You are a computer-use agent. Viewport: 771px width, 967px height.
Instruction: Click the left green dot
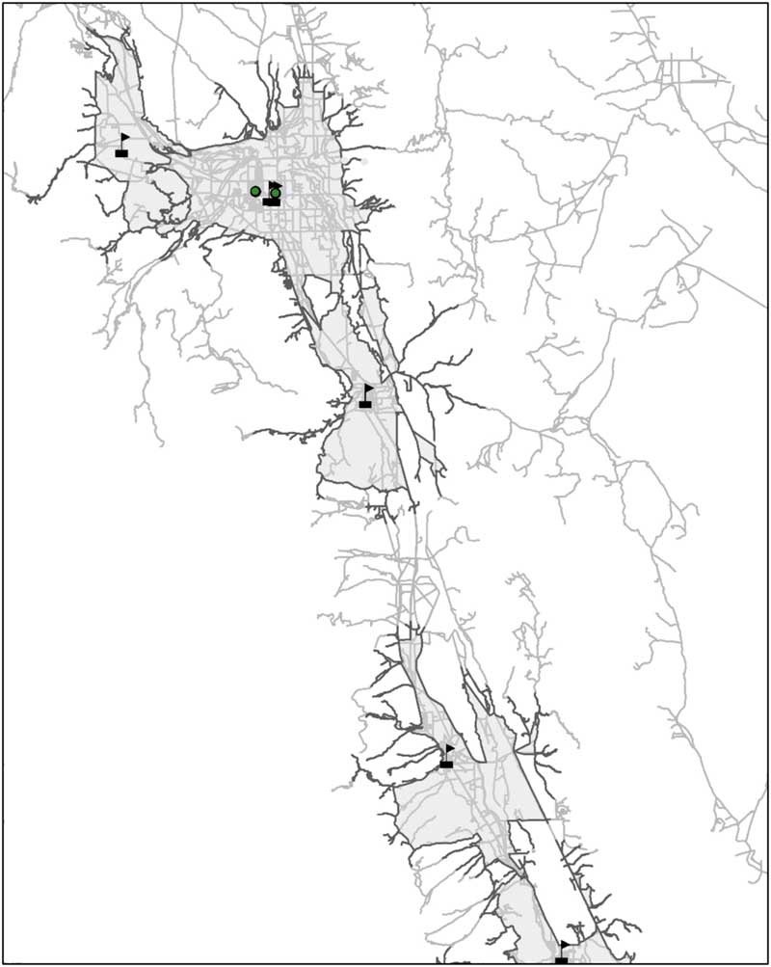pos(255,191)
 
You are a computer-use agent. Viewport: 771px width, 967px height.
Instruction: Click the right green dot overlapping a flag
pos(276,193)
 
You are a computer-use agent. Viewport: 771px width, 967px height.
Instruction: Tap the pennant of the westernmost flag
pos(125,137)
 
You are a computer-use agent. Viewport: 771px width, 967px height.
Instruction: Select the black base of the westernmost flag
pos(121,152)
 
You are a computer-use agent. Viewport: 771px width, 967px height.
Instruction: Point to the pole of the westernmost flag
pos(121,143)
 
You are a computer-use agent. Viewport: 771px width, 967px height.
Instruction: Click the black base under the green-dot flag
pos(271,201)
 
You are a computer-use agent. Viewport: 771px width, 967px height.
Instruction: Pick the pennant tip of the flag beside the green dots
pos(280,183)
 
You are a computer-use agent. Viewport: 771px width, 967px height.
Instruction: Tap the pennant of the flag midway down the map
pos(369,388)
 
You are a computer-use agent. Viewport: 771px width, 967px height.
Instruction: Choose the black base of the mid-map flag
pos(364,404)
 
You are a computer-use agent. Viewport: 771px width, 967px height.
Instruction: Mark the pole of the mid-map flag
pos(365,393)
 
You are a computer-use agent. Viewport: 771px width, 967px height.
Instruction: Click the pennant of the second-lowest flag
pos(450,748)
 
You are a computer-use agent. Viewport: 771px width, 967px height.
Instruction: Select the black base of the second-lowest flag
pos(446,765)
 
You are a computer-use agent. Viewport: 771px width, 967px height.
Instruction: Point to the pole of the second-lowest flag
pos(446,754)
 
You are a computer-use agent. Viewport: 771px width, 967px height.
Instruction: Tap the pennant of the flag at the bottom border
pos(565,945)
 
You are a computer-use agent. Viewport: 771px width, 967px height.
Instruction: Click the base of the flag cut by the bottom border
pos(561,960)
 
